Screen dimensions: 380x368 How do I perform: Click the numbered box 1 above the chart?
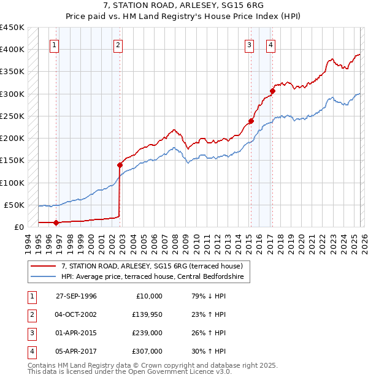pyautogui.click(x=55, y=44)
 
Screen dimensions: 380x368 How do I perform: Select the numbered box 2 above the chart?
pyautogui.click(x=117, y=44)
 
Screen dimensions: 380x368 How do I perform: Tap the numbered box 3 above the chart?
pyautogui.click(x=250, y=44)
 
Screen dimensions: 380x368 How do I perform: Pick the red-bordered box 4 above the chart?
pyautogui.click(x=270, y=44)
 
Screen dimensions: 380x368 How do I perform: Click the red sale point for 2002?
pyautogui.click(x=120, y=164)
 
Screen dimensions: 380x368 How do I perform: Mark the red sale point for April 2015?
pyautogui.click(x=251, y=121)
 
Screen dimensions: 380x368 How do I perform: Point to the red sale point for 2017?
pyautogui.click(x=272, y=91)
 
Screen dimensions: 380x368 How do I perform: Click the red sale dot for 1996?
pyautogui.click(x=56, y=222)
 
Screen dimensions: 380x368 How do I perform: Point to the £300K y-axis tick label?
pyautogui.click(x=12, y=94)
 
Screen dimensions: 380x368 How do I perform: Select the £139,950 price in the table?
pyautogui.click(x=147, y=314)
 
